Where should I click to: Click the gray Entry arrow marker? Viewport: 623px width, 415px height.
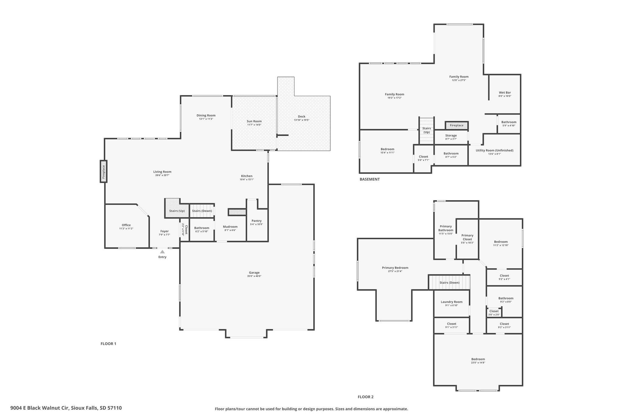click(x=162, y=251)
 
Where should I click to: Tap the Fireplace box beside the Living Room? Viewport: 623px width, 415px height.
click(x=103, y=171)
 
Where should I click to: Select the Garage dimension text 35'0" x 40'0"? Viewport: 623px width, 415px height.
click(x=254, y=276)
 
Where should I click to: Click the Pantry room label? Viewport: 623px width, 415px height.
click(x=257, y=221)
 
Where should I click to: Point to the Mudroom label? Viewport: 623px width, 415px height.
click(x=230, y=227)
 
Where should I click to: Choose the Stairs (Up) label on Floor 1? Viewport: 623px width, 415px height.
click(x=177, y=211)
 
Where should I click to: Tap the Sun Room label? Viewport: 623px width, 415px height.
click(x=254, y=121)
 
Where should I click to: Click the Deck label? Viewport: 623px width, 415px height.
click(x=302, y=116)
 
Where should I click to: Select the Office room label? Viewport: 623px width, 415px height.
click(x=126, y=225)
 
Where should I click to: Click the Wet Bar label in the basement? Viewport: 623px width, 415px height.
click(x=505, y=92)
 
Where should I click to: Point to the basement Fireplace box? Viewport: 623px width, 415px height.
click(x=457, y=125)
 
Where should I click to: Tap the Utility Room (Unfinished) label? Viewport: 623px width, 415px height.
click(x=495, y=150)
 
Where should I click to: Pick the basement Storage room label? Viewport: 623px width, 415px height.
click(x=451, y=135)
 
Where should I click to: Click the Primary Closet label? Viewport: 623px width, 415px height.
click(x=468, y=237)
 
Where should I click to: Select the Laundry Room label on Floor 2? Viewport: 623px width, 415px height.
click(x=452, y=302)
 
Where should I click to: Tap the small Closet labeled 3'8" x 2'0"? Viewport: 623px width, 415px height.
click(x=494, y=313)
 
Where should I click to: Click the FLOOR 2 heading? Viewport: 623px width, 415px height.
click(x=366, y=397)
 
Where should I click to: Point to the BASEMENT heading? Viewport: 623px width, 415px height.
click(x=370, y=179)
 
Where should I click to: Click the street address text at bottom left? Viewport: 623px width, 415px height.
click(x=66, y=408)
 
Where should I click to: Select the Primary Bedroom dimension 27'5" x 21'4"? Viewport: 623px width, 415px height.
click(x=395, y=271)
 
